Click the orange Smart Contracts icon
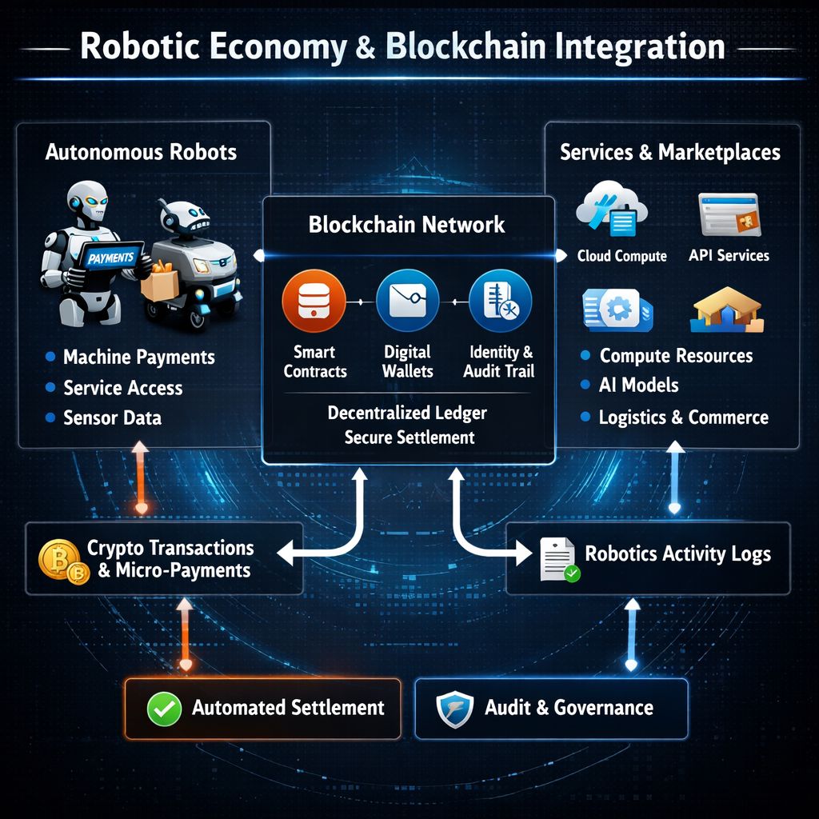coord(314,302)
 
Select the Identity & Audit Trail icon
coord(500,302)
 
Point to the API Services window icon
coord(728,214)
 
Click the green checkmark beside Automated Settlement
coord(162,708)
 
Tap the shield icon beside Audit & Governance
coord(453,708)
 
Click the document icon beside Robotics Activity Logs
coord(557,557)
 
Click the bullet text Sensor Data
coord(112,417)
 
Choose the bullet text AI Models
coord(638,386)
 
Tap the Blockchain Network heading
coord(407,224)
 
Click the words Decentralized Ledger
coord(407,413)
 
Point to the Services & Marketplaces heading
coord(669,153)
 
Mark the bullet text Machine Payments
coord(138,358)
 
